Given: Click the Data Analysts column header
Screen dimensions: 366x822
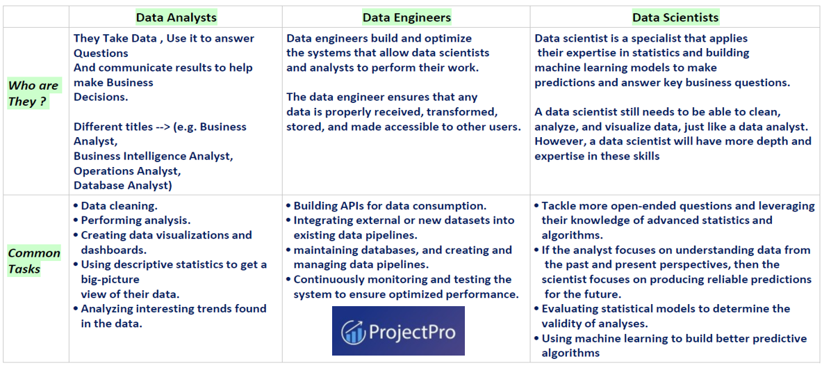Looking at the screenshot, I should (176, 17).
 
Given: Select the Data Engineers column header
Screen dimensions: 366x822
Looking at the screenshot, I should (406, 17).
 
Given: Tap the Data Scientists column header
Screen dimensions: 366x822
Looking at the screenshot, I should (675, 17).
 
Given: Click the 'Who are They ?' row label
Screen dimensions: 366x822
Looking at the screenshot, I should (33, 93).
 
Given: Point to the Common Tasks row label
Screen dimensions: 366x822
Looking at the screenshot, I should (34, 261).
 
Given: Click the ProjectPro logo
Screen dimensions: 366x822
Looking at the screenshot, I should (398, 331).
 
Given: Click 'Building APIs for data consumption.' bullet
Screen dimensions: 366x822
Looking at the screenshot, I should (389, 206).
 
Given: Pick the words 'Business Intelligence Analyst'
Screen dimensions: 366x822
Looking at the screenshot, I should (153, 156).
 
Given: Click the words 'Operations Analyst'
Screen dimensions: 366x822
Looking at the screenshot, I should (127, 170).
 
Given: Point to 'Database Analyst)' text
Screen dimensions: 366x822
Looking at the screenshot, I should (123, 185).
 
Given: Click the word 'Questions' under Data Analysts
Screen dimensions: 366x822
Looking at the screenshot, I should (101, 53).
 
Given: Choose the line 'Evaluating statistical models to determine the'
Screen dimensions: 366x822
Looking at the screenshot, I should (666, 308).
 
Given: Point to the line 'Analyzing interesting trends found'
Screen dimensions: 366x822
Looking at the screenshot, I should (173, 308).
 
